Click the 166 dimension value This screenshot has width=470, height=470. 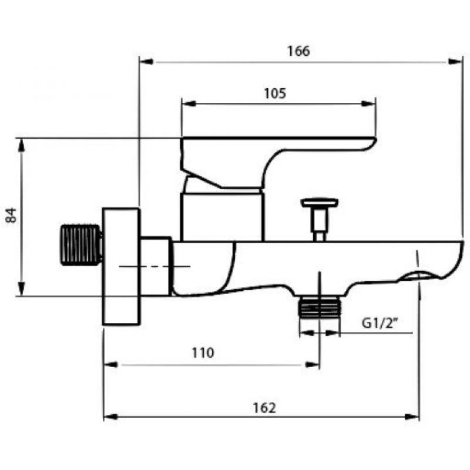tap(298, 51)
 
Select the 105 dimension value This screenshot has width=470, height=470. tap(275, 93)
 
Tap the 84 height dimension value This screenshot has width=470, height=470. tap(11, 215)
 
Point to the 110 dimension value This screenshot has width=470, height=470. tap(203, 353)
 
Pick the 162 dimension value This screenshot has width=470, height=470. tap(264, 408)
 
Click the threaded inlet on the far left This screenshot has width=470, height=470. tap(81, 245)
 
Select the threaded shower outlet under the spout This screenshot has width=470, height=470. tap(320, 307)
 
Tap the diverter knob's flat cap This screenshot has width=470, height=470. tap(320, 203)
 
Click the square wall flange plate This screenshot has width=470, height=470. tap(121, 267)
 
